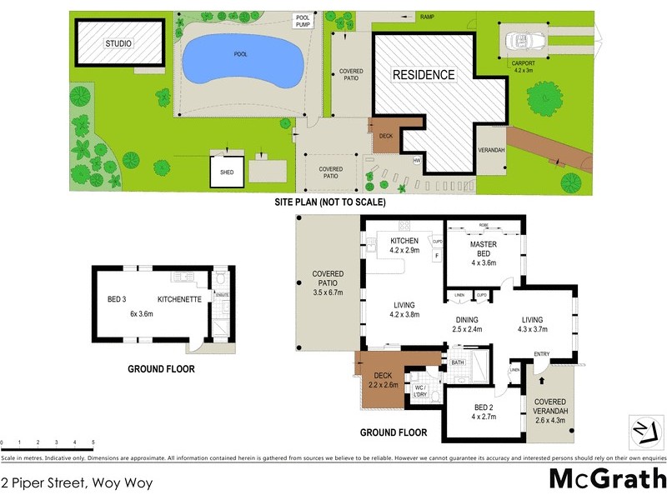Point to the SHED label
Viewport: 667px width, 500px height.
click(227, 172)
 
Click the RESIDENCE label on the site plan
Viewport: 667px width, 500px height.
click(424, 75)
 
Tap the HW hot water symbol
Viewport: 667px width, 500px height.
click(416, 160)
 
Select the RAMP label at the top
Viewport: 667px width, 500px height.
click(427, 17)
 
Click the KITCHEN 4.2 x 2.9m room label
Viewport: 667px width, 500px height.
click(404, 246)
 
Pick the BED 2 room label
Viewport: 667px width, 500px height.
click(484, 411)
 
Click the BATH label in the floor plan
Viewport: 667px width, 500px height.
click(458, 363)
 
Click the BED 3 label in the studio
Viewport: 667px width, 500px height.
click(118, 297)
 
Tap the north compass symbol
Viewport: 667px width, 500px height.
click(642, 430)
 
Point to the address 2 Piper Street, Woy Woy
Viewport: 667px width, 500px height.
click(77, 482)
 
